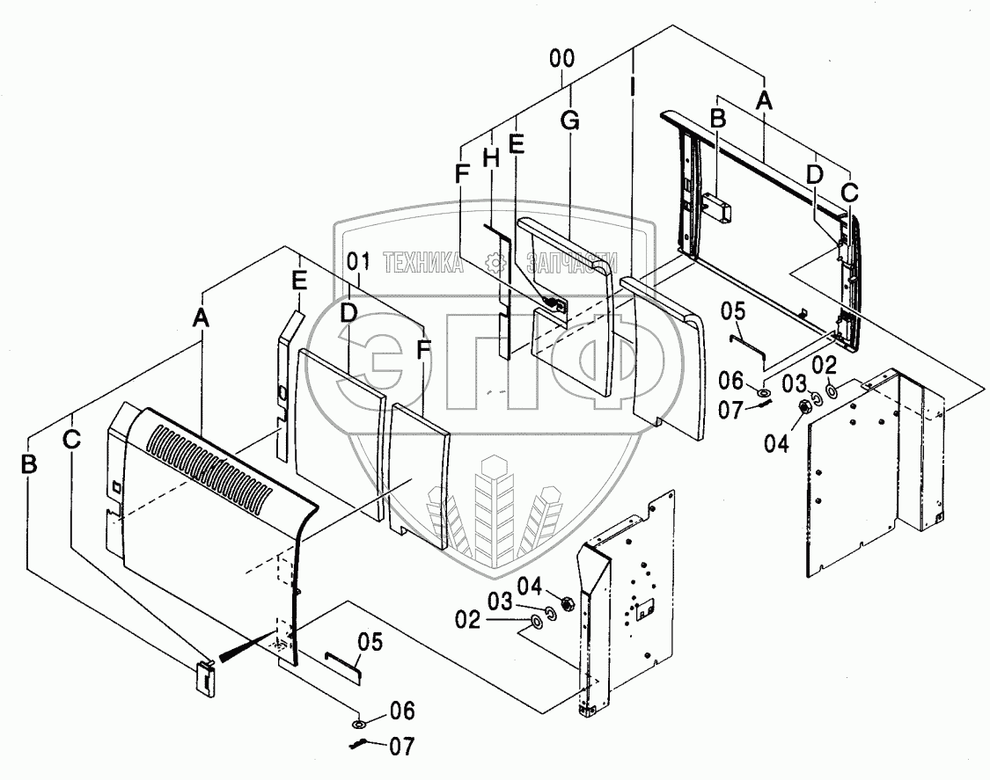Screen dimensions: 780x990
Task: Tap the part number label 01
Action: tap(356, 261)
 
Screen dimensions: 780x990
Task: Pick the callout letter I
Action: tap(633, 89)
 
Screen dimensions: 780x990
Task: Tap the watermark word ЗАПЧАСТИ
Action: tap(570, 262)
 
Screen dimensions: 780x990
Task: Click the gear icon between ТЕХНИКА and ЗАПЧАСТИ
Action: tap(498, 262)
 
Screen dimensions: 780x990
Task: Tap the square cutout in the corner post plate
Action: tap(645, 606)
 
